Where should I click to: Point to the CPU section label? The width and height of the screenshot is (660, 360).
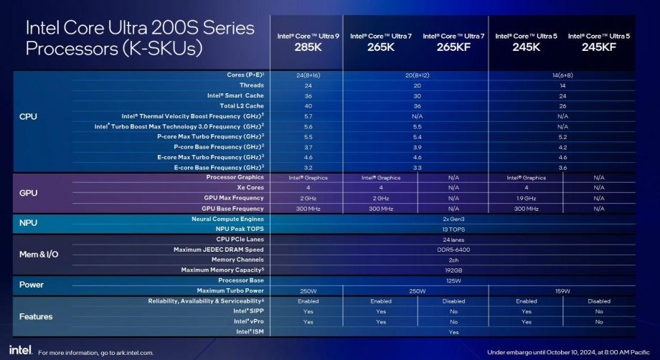[x=29, y=116]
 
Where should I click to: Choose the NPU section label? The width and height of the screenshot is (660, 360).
[x=29, y=223]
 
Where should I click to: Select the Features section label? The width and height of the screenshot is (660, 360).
[x=36, y=316]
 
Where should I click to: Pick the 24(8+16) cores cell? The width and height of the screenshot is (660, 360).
[x=307, y=75]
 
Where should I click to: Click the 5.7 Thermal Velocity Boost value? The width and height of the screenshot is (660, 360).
[x=307, y=115]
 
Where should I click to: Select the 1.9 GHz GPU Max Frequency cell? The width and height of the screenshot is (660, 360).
[x=526, y=198]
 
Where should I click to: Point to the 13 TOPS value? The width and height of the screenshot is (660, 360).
[x=453, y=229]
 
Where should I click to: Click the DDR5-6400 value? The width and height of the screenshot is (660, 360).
[x=453, y=250]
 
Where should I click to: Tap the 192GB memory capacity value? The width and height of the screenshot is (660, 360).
[x=453, y=270]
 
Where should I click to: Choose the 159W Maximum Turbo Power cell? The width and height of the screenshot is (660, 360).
[x=562, y=290]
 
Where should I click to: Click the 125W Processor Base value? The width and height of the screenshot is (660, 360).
[x=453, y=280]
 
